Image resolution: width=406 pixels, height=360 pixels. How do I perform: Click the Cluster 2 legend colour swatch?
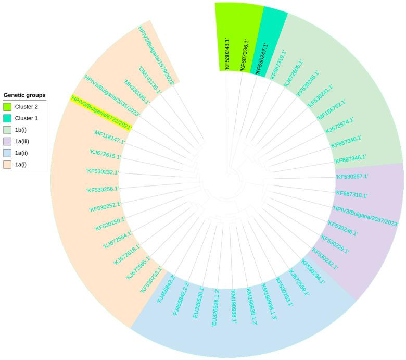pos(8,107)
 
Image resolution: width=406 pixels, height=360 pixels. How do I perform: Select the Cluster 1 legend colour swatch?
pos(8,119)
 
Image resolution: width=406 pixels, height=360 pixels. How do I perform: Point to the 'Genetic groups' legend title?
pos(24,95)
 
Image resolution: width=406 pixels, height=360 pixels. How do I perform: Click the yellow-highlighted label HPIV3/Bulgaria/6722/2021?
pos(102,113)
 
